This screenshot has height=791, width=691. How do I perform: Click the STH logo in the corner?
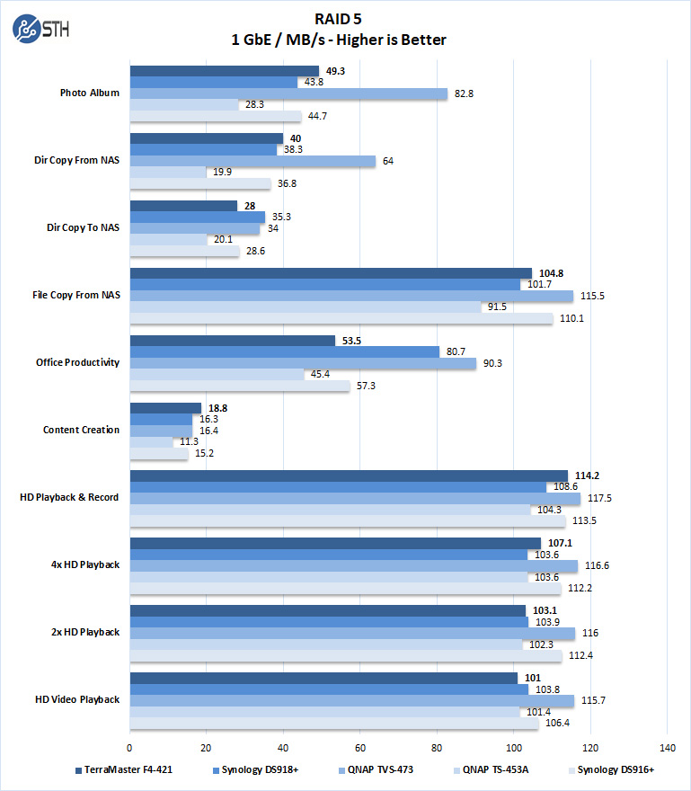(40, 29)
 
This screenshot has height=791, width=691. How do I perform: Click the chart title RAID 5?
(345, 17)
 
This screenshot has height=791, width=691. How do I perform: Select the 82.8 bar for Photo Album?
(288, 93)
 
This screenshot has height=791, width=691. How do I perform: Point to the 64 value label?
(388, 161)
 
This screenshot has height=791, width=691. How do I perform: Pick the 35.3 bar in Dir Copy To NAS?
(198, 217)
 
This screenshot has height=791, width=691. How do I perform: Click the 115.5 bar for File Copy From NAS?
(351, 296)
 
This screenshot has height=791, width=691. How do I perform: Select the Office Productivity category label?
(78, 362)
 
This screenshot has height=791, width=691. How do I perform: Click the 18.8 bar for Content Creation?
(165, 407)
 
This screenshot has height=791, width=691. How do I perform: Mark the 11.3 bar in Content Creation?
(151, 441)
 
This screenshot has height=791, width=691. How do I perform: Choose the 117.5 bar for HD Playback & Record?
(355, 498)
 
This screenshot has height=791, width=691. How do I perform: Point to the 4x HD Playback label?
(86, 564)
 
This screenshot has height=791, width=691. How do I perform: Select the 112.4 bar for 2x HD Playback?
(345, 655)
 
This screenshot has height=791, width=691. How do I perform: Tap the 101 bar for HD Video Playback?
(323, 678)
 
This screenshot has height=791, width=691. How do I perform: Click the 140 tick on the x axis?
(666, 747)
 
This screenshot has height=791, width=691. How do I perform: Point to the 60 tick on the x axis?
(359, 747)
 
